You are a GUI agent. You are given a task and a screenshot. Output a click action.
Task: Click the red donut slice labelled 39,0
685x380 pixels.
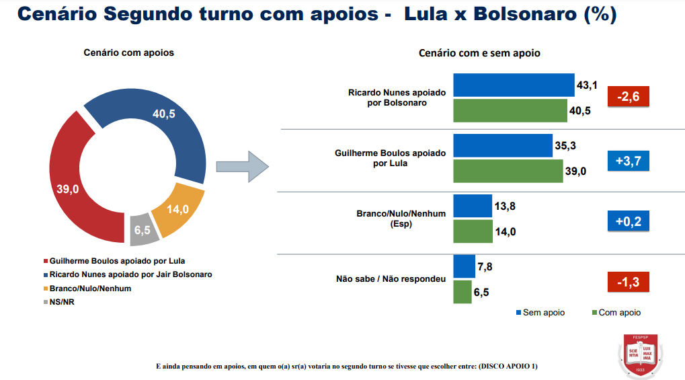click(x=67, y=188)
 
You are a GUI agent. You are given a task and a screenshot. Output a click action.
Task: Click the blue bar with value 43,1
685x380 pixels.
click(x=514, y=85)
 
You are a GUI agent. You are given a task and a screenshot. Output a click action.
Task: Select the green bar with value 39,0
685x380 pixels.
click(x=508, y=171)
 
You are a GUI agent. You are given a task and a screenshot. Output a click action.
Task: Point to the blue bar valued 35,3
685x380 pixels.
click(x=503, y=145)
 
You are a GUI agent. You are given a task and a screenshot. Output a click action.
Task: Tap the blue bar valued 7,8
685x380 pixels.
click(x=465, y=266)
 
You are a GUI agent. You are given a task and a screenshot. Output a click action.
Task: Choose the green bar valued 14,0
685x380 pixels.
click(x=473, y=231)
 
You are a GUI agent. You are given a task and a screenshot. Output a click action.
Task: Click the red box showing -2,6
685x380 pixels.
click(x=628, y=97)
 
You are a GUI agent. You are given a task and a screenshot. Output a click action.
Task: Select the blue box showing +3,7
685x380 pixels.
click(x=628, y=160)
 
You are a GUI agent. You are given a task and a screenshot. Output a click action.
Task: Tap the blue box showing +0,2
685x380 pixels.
click(x=628, y=221)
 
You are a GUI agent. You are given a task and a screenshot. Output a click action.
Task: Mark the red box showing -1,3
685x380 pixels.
click(x=628, y=282)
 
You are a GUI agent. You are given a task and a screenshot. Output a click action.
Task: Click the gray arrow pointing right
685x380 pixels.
click(x=243, y=166)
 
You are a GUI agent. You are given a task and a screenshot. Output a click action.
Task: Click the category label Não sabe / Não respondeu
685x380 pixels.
click(x=391, y=278)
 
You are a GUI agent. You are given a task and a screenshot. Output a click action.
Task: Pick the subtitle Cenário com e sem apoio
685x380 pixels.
click(x=479, y=52)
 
